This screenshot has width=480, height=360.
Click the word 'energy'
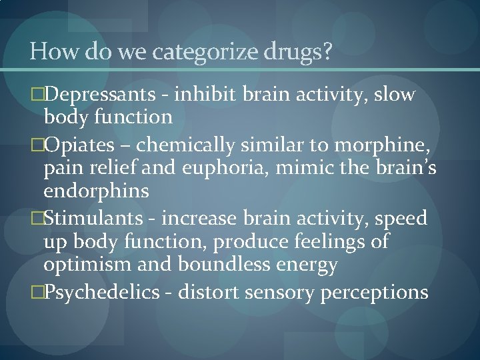307,265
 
